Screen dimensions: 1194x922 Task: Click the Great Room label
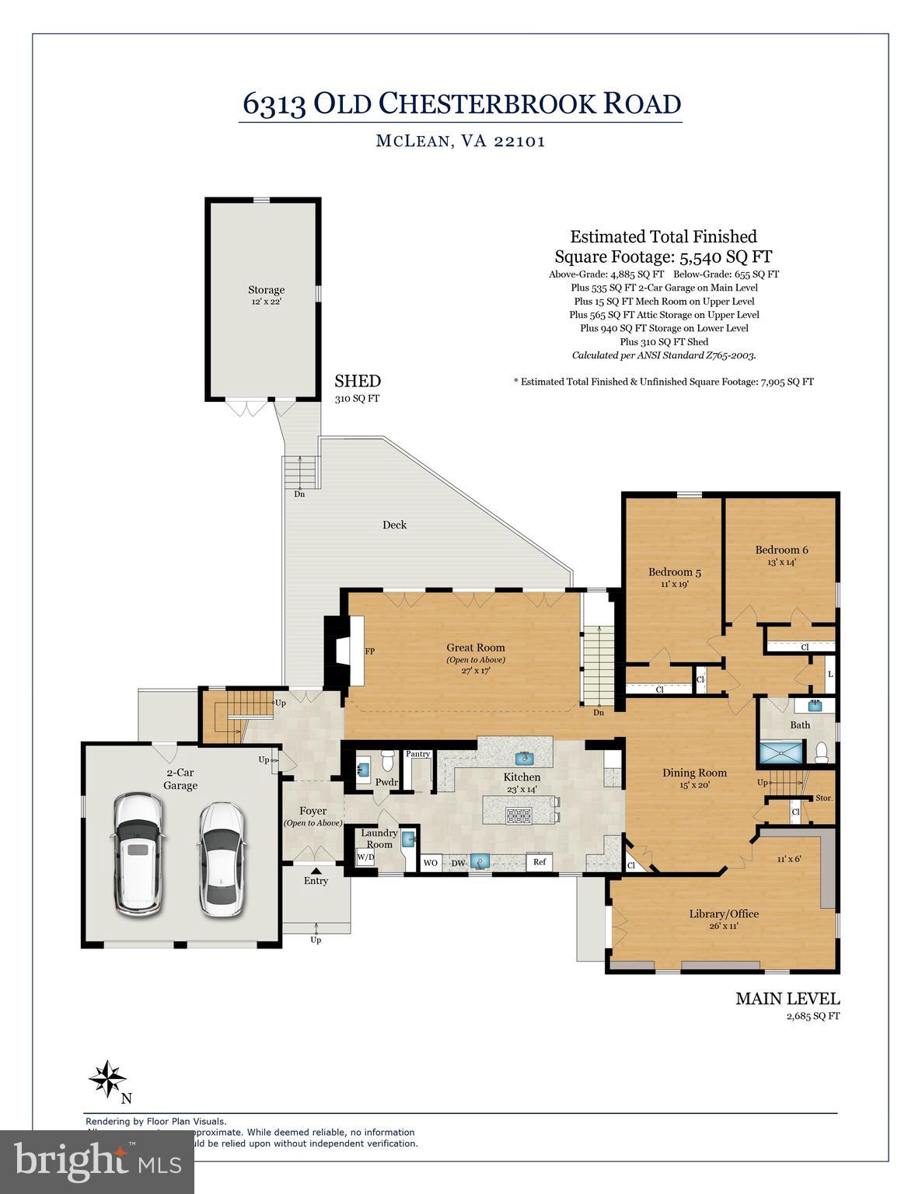click(475, 648)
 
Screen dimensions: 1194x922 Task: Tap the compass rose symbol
click(107, 1078)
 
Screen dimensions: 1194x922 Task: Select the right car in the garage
click(221, 858)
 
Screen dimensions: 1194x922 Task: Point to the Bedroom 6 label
click(781, 550)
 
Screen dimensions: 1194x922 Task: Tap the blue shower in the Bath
click(783, 753)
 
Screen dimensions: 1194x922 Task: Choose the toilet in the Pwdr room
click(388, 761)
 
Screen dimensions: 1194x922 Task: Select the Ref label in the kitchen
click(540, 862)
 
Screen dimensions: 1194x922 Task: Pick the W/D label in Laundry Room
click(365, 858)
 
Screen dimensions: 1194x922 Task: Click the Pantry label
click(417, 754)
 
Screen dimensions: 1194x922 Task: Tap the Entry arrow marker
click(316, 871)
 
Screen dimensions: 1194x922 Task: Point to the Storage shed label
click(266, 290)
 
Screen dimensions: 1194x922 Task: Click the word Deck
click(394, 525)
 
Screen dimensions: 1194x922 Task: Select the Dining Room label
click(694, 773)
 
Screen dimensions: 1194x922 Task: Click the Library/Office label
click(723, 914)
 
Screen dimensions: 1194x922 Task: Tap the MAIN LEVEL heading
click(787, 999)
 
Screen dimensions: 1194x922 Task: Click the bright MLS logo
click(97, 1161)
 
